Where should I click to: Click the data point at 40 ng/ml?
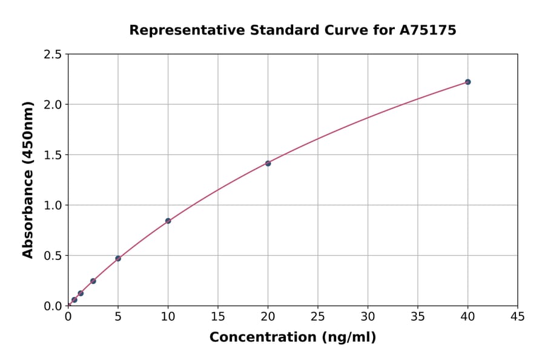[467, 82]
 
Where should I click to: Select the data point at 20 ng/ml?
[268, 163]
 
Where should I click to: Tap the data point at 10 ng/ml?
[168, 221]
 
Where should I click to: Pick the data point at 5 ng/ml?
[118, 258]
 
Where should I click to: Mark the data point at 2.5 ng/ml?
[93, 281]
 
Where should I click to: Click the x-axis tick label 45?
[518, 316]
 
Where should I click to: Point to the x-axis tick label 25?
[318, 316]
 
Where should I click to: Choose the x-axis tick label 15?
[218, 316]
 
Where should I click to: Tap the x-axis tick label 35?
[418, 316]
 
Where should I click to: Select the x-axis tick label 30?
[368, 316]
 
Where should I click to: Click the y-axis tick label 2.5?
[53, 55]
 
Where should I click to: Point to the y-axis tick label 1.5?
[53, 155]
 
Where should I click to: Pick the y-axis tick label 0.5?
[53, 256]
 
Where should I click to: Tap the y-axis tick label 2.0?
[53, 105]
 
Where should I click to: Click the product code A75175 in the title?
[428, 30]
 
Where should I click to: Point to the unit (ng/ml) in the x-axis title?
[348, 338]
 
